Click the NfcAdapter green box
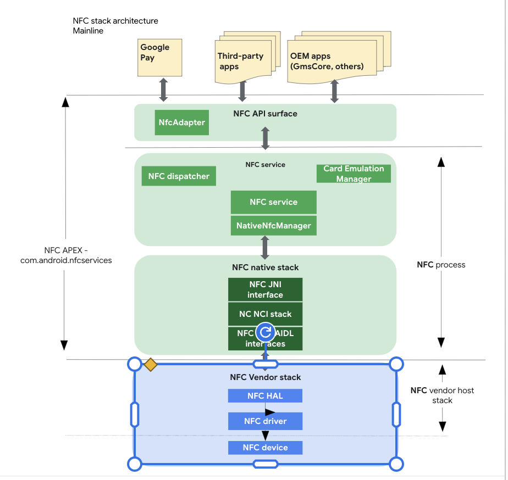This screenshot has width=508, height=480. tap(181, 122)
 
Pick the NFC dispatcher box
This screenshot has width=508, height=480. tap(179, 176)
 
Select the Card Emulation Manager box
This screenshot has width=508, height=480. tap(354, 174)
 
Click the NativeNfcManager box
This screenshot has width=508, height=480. tap(273, 226)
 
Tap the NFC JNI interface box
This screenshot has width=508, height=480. tap(265, 289)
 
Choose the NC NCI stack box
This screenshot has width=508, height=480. tap(265, 314)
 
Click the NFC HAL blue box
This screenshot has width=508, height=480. tap(265, 395)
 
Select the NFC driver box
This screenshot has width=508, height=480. tap(265, 421)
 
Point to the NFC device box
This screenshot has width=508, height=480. tap(265, 448)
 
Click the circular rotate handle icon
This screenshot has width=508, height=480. tap(266, 332)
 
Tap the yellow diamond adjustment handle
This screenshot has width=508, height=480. tap(150, 364)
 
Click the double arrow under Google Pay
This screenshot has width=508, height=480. tap(163, 90)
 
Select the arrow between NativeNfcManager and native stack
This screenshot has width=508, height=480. tap(265, 248)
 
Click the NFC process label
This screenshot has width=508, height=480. tap(441, 265)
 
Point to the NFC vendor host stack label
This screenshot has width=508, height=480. tap(442, 395)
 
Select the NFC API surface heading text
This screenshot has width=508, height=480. tap(265, 114)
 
